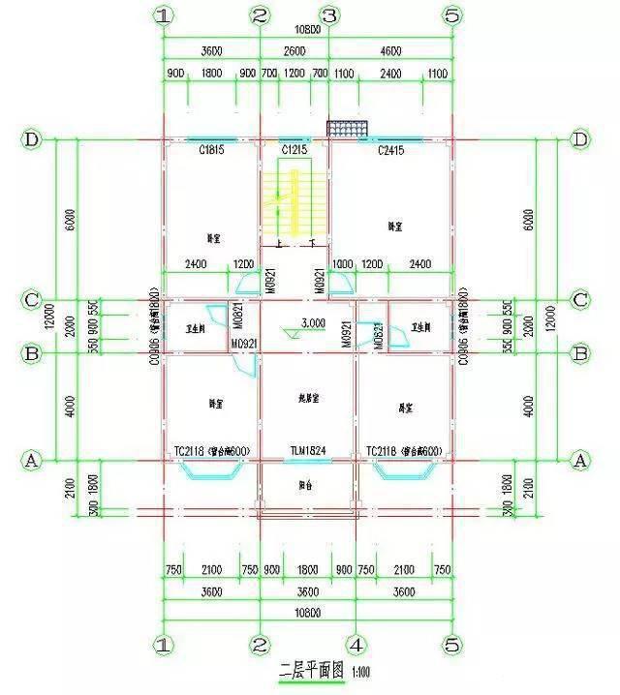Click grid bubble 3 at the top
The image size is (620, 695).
click(328, 15)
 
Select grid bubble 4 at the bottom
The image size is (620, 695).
click(356, 644)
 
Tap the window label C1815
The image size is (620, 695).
click(212, 151)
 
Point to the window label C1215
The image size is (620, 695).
click(294, 151)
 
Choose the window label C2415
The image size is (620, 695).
click(389, 151)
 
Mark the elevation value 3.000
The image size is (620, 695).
click(312, 322)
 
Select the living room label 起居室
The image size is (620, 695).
click(308, 398)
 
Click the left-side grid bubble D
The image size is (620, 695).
click(31, 140)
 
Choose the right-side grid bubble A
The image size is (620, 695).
click(580, 461)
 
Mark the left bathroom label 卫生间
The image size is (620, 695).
click(197, 327)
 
